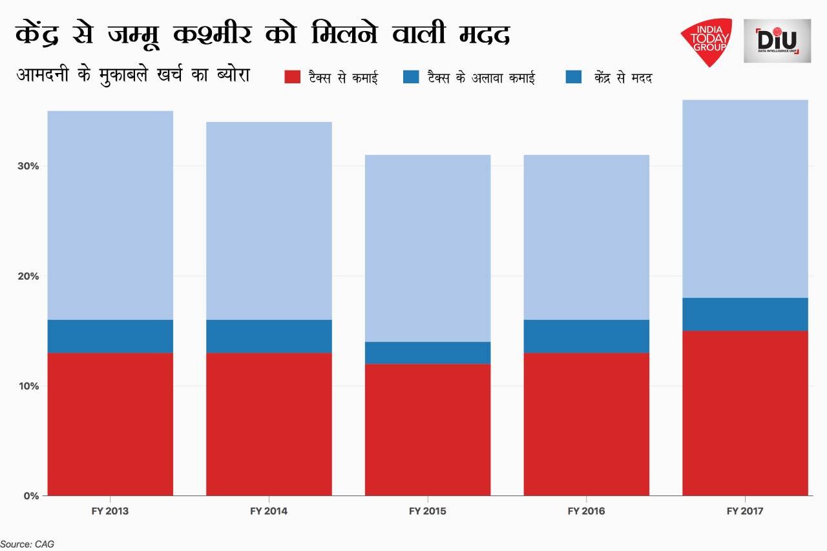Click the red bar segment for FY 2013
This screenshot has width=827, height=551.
[x=110, y=424]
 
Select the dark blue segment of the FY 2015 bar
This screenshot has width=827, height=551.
[x=428, y=353]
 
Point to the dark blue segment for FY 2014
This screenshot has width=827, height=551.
[x=269, y=336]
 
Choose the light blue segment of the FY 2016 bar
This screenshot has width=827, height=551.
[x=586, y=237]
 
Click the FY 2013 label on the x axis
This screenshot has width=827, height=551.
[x=110, y=511]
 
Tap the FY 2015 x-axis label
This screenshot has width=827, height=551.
[x=427, y=511]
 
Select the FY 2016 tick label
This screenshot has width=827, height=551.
[x=586, y=511]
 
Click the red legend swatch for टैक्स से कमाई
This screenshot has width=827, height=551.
[x=293, y=78]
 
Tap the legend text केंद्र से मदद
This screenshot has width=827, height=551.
[x=622, y=78]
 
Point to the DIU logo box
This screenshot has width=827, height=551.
[x=776, y=41]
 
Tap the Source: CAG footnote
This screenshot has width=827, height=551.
[x=27, y=544]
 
